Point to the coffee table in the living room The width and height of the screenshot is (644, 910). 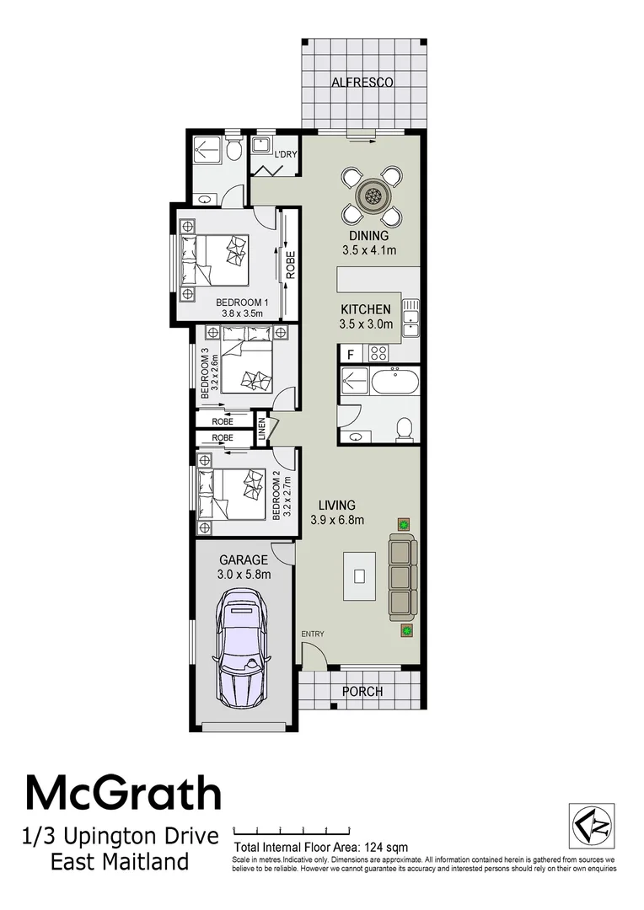(359, 577)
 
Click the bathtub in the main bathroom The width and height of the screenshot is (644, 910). (394, 383)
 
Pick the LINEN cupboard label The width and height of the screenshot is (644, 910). (262, 430)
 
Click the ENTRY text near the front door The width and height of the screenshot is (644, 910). (313, 634)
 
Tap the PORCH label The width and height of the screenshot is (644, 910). (362, 692)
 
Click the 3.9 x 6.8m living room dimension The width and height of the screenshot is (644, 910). (337, 520)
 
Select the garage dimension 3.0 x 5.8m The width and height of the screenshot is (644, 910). (244, 575)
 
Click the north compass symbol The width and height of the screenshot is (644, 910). (590, 827)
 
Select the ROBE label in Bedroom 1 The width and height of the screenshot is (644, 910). (290, 265)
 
